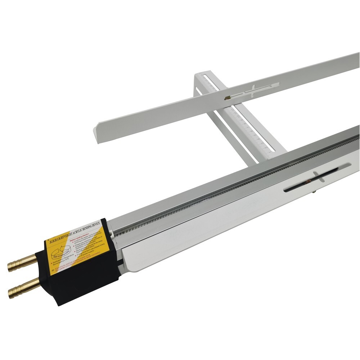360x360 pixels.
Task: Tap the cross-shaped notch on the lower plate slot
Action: [x=316, y=176]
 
